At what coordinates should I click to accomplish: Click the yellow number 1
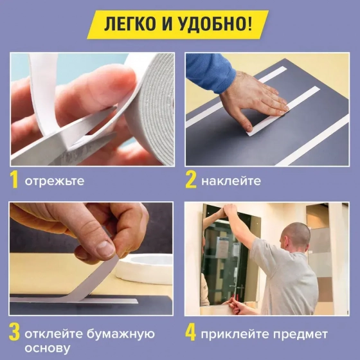15,180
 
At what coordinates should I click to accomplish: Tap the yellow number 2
191,180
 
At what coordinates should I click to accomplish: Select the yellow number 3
15,334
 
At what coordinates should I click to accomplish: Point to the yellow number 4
191,334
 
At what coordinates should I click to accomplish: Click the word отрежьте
55,181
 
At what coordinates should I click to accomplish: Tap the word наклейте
231,181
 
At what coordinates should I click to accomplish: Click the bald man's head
297,232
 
